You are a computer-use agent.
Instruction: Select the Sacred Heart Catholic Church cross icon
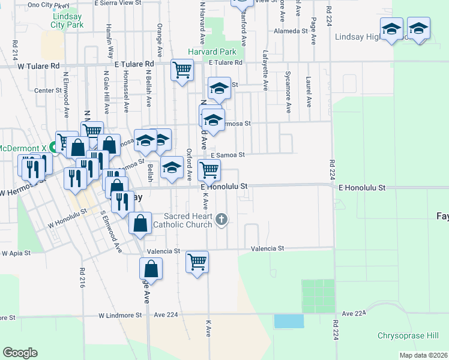[221, 219]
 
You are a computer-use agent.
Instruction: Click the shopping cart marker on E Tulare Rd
[181, 70]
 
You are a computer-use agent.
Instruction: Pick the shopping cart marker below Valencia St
[197, 261]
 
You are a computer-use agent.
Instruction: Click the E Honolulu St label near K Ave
[224, 187]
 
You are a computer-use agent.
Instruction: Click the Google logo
[20, 353]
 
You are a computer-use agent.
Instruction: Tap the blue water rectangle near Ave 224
[289, 321]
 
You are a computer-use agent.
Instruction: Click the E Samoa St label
[228, 155]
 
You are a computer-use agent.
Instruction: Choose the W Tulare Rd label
[39, 66]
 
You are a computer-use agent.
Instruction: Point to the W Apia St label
[16, 253]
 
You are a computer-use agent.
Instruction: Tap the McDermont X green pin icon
[53, 147]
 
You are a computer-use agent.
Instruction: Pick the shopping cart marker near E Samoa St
[208, 170]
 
